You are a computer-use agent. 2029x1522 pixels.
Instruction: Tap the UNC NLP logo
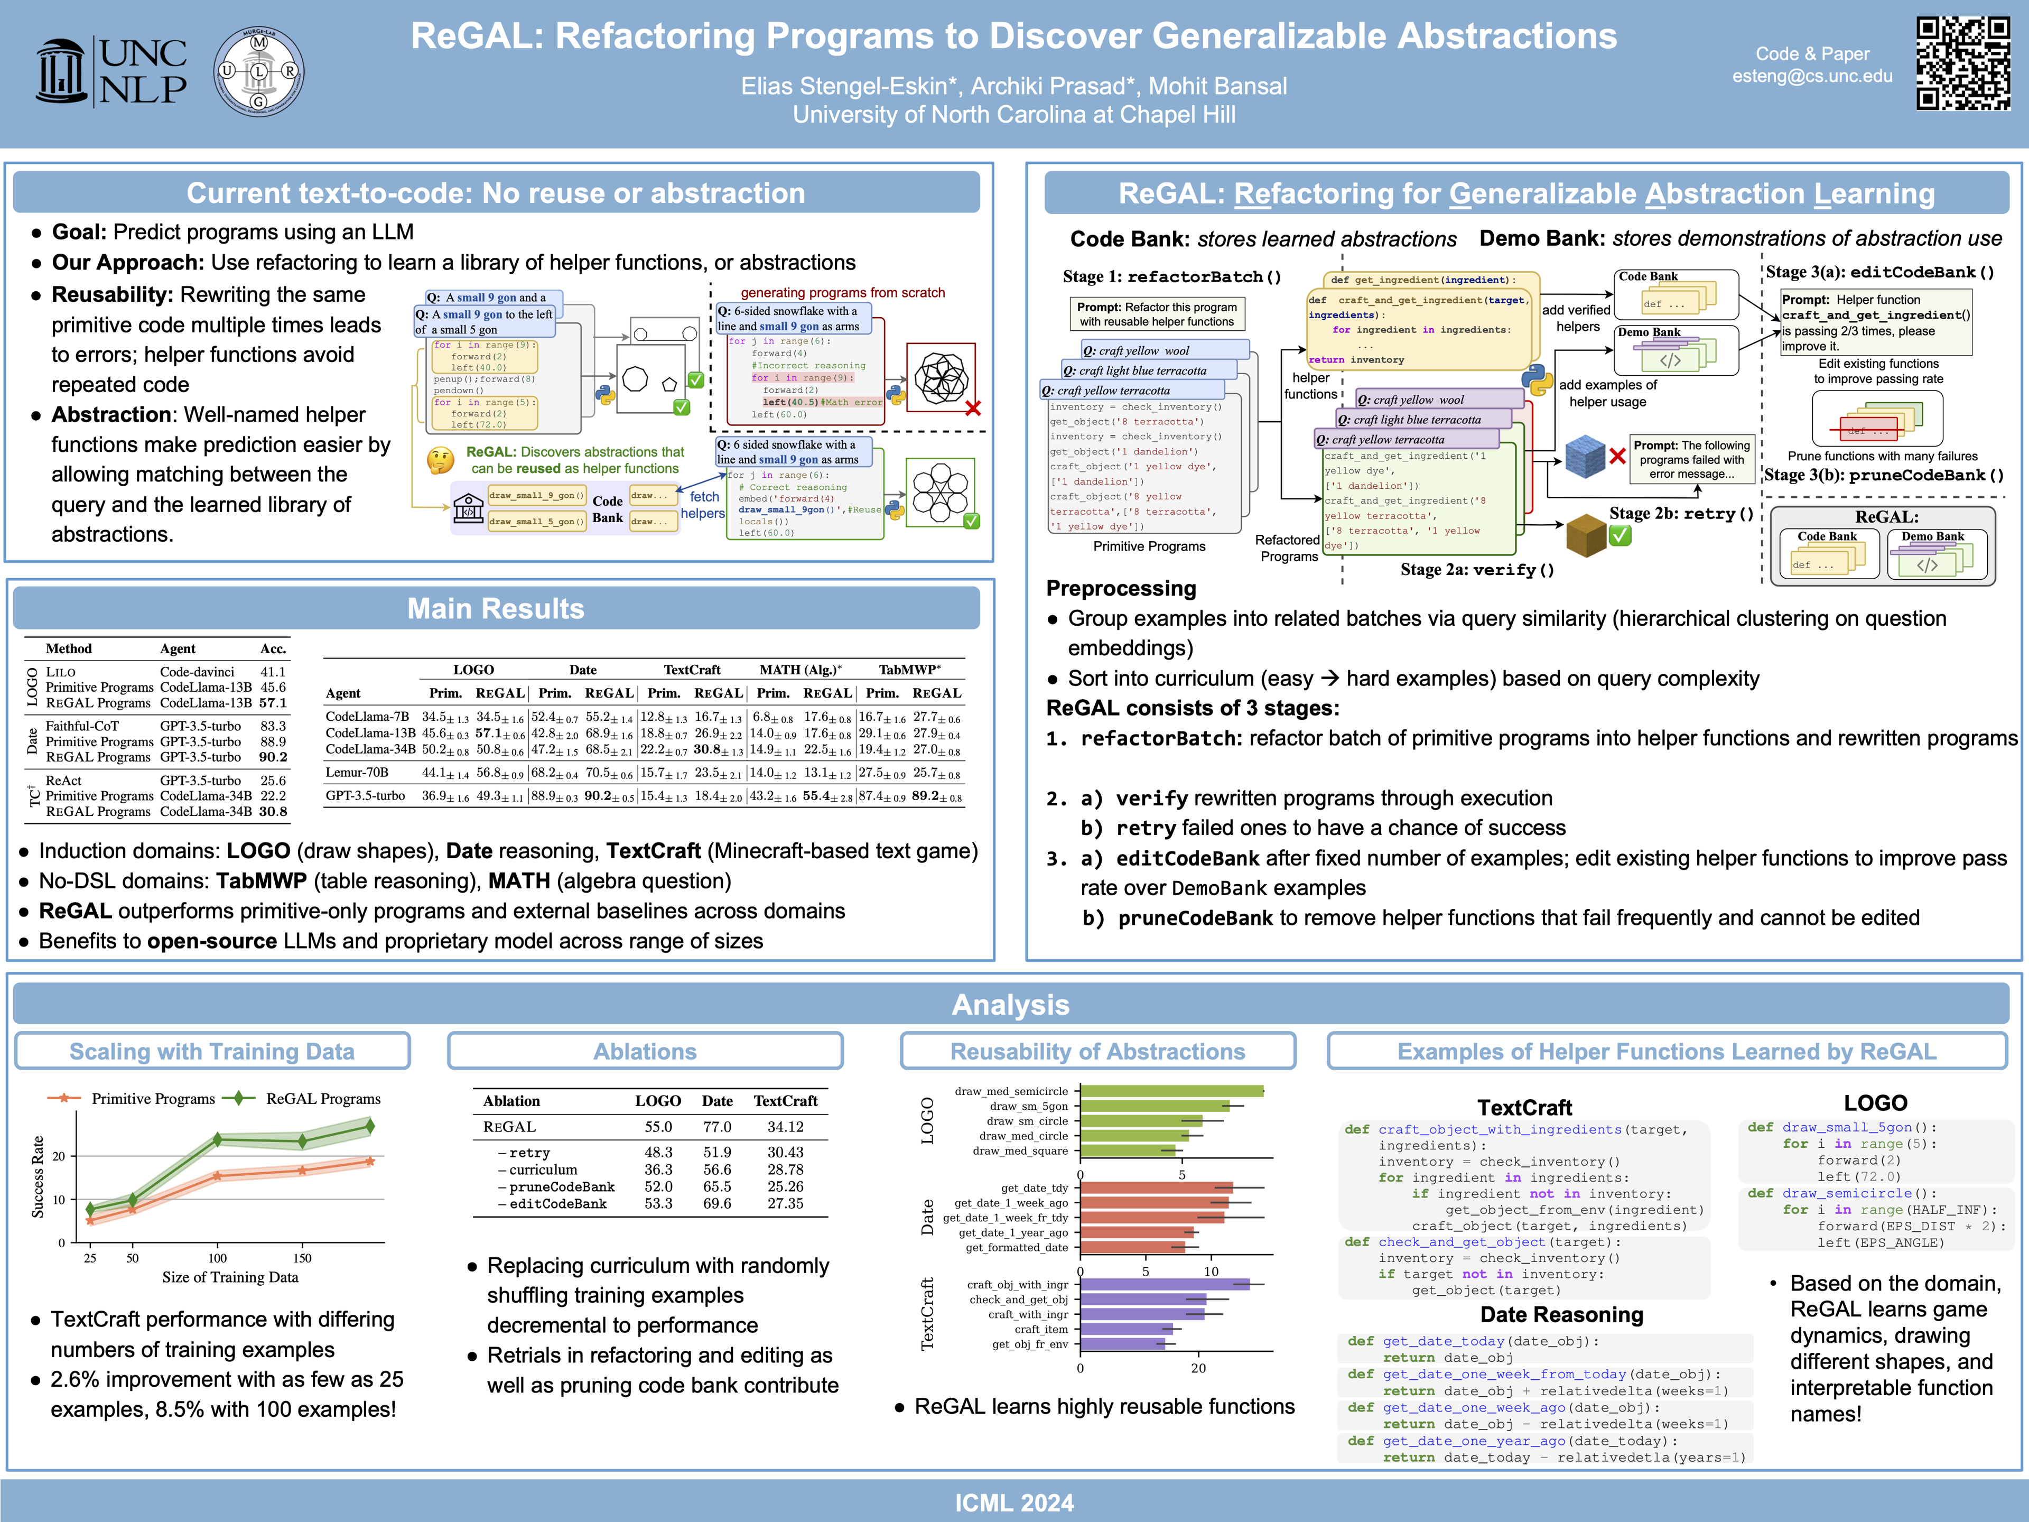tap(112, 71)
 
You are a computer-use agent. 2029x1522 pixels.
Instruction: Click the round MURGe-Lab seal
tap(259, 71)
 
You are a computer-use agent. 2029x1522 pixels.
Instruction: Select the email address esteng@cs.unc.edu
tap(1812, 76)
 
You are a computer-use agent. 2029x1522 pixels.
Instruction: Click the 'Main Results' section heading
tap(495, 608)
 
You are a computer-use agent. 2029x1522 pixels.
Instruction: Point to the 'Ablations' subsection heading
tap(645, 1051)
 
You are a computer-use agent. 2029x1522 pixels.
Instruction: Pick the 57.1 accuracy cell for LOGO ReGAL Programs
tap(273, 703)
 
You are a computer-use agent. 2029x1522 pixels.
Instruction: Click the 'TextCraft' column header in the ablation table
tap(785, 1101)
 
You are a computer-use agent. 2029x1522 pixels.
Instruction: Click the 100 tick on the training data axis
tap(217, 1258)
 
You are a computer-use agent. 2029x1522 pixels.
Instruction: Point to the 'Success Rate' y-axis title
tap(38, 1177)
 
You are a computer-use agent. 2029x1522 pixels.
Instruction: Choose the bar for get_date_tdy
tap(1156, 1188)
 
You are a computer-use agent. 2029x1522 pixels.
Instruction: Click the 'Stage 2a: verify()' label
tap(1477, 570)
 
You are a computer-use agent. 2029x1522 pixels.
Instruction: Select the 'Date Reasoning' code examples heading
tap(1561, 1315)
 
